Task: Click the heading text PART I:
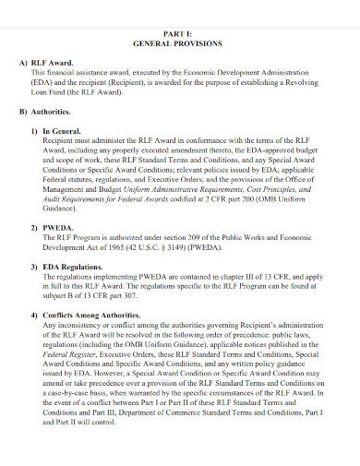[x=180, y=33]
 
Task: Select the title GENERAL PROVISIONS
[x=180, y=43]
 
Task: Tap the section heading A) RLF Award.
[x=52, y=61]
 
